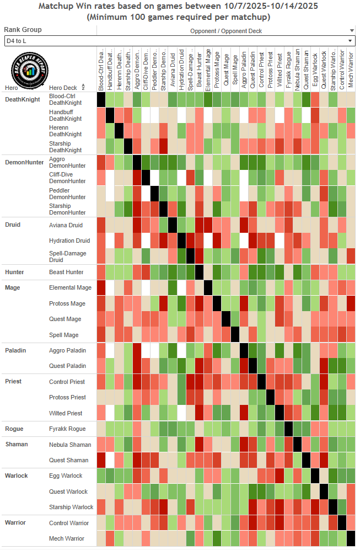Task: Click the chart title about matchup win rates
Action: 180,11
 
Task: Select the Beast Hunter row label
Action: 67,272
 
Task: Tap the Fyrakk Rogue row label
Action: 67,429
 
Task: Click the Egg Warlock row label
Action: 66,476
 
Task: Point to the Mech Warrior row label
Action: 67,538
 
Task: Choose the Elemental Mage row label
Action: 70,287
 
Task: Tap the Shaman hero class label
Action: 16,444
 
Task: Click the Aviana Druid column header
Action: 173,69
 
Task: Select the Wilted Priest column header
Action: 280,69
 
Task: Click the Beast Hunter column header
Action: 199,69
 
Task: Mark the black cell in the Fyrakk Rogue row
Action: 288,429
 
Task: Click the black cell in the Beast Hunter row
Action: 199,272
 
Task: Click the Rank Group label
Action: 23,30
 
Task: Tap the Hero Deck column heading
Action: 63,88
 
